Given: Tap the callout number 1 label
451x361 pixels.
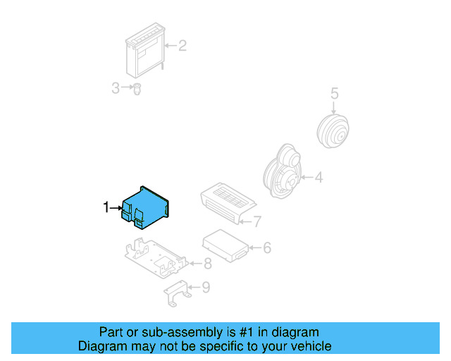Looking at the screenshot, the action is click(106, 207).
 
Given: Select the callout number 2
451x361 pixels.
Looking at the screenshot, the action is click(182, 47).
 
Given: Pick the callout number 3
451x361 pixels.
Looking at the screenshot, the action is click(116, 88).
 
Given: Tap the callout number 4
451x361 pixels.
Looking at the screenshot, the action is click(319, 178).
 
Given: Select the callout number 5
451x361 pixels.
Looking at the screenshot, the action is click(335, 93).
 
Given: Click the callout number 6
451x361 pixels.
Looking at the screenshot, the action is click(266, 247).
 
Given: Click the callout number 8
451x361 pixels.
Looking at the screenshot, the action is click(207, 264).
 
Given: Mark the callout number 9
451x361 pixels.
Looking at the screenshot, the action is click(205, 287).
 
